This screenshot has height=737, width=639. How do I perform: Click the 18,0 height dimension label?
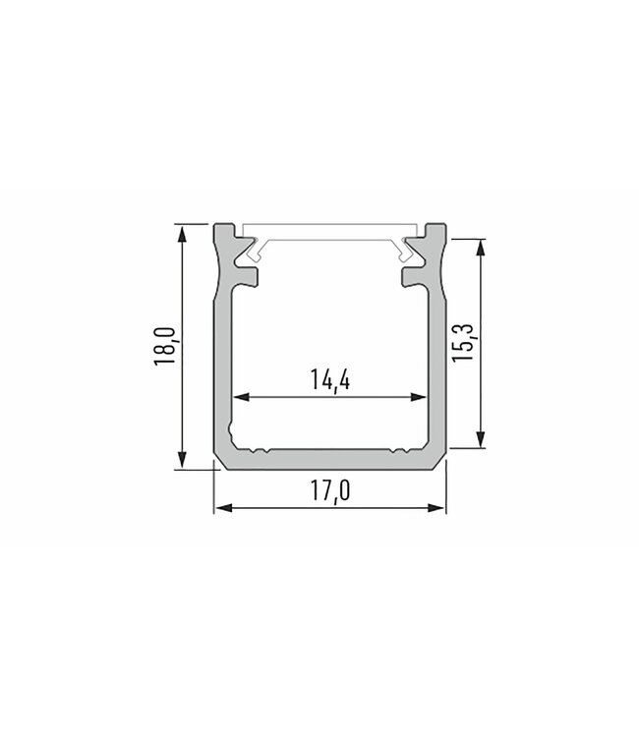[164, 347]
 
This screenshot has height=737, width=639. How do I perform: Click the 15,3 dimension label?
[466, 343]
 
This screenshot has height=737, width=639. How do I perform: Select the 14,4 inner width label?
[329, 380]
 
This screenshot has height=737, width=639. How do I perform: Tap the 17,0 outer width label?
[330, 490]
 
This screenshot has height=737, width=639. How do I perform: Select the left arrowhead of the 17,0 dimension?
[222, 508]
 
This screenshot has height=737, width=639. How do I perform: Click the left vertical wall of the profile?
[222, 373]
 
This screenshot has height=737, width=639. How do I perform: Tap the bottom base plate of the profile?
[330, 461]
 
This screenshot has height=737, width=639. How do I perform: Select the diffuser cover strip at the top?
[330, 233]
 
